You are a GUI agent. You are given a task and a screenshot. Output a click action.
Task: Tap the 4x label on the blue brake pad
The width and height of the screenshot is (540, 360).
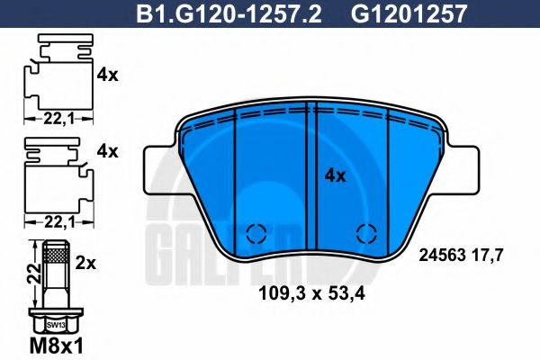click(334, 176)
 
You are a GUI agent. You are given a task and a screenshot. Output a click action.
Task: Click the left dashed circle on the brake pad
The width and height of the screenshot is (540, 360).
click(255, 234)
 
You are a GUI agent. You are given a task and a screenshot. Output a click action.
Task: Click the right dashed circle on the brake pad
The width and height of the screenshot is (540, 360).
click(365, 234)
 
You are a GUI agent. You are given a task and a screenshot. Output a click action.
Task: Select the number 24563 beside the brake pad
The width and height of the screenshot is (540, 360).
click(442, 255)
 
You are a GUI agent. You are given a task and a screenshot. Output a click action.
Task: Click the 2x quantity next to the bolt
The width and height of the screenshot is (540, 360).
click(86, 265)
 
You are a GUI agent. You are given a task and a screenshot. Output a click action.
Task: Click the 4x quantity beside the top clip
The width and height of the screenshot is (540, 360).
click(107, 76)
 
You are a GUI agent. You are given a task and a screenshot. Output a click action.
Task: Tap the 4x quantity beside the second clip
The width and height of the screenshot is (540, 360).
click(107, 151)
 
